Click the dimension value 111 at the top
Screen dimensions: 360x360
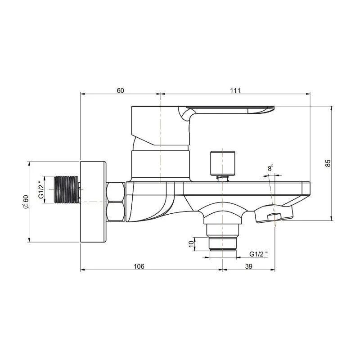(x=235, y=90)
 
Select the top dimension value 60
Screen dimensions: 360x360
(x=120, y=90)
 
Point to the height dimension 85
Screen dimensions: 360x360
(x=328, y=163)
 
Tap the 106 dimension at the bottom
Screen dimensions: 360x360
(x=139, y=266)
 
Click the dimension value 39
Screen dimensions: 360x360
(x=249, y=266)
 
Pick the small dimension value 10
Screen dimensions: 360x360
(x=191, y=244)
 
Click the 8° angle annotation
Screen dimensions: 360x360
(x=270, y=168)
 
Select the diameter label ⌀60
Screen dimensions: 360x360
(x=26, y=202)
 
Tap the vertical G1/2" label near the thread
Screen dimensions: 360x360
(x=41, y=189)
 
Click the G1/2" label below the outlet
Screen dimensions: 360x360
(x=258, y=254)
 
